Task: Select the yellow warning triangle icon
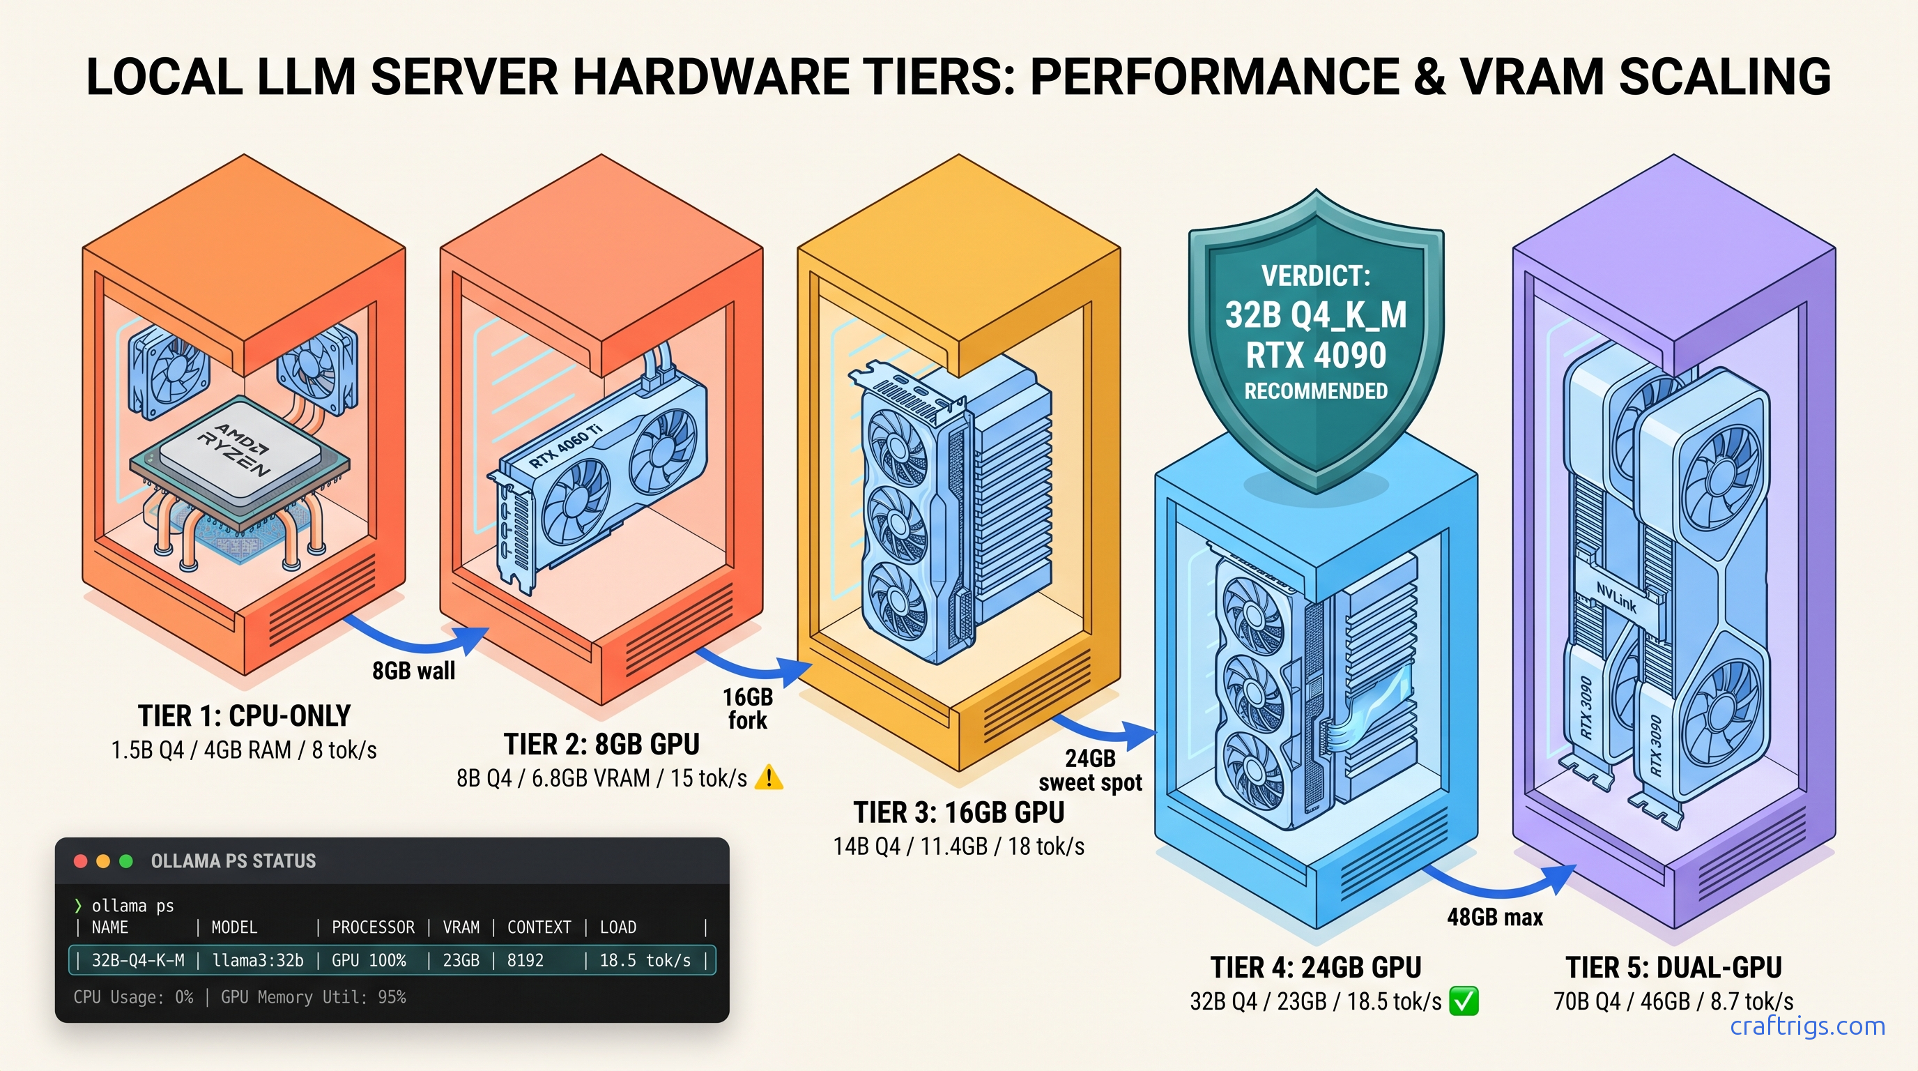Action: tap(769, 778)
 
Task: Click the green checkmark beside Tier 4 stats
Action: tap(1464, 1001)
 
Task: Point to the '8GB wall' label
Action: tap(413, 670)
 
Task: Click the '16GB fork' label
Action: tap(748, 708)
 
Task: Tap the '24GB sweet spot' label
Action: tap(1090, 770)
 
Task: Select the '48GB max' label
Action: tap(1494, 917)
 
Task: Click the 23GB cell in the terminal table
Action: tap(461, 961)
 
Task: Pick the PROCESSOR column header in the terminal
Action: tap(372, 927)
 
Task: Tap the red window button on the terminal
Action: tap(80, 861)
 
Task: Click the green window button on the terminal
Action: tap(126, 861)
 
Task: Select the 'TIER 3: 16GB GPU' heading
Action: tap(958, 812)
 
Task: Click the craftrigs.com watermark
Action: tap(1807, 1026)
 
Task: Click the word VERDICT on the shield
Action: tap(1316, 276)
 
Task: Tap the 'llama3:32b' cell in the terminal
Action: tap(258, 961)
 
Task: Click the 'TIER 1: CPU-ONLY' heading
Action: tap(244, 715)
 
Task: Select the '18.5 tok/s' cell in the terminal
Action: tap(645, 961)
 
